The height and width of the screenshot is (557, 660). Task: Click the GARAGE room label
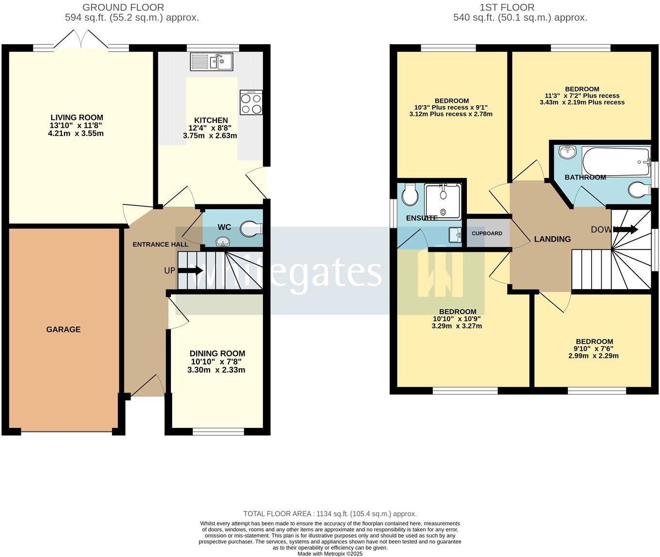pos(63,329)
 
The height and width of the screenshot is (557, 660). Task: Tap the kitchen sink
pos(212,62)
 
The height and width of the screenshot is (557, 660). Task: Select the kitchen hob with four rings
pos(251,102)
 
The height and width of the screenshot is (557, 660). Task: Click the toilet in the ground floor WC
pos(252,229)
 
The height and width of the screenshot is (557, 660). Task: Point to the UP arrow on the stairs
pos(190,270)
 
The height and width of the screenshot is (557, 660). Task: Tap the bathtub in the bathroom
pos(615,162)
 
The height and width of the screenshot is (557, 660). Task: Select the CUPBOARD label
pos(487,233)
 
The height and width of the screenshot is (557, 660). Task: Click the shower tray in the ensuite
pos(443,199)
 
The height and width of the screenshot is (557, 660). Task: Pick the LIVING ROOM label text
pos(77,117)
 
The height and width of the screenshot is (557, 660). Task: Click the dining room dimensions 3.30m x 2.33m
pos(216,370)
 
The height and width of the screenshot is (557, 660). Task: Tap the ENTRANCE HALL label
pos(160,245)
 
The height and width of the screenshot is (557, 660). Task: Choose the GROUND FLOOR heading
pos(123,7)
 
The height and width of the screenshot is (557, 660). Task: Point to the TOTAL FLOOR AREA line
pos(330,514)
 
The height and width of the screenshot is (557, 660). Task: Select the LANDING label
pos(552,239)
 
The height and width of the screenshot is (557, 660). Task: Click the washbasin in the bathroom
pos(566,152)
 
